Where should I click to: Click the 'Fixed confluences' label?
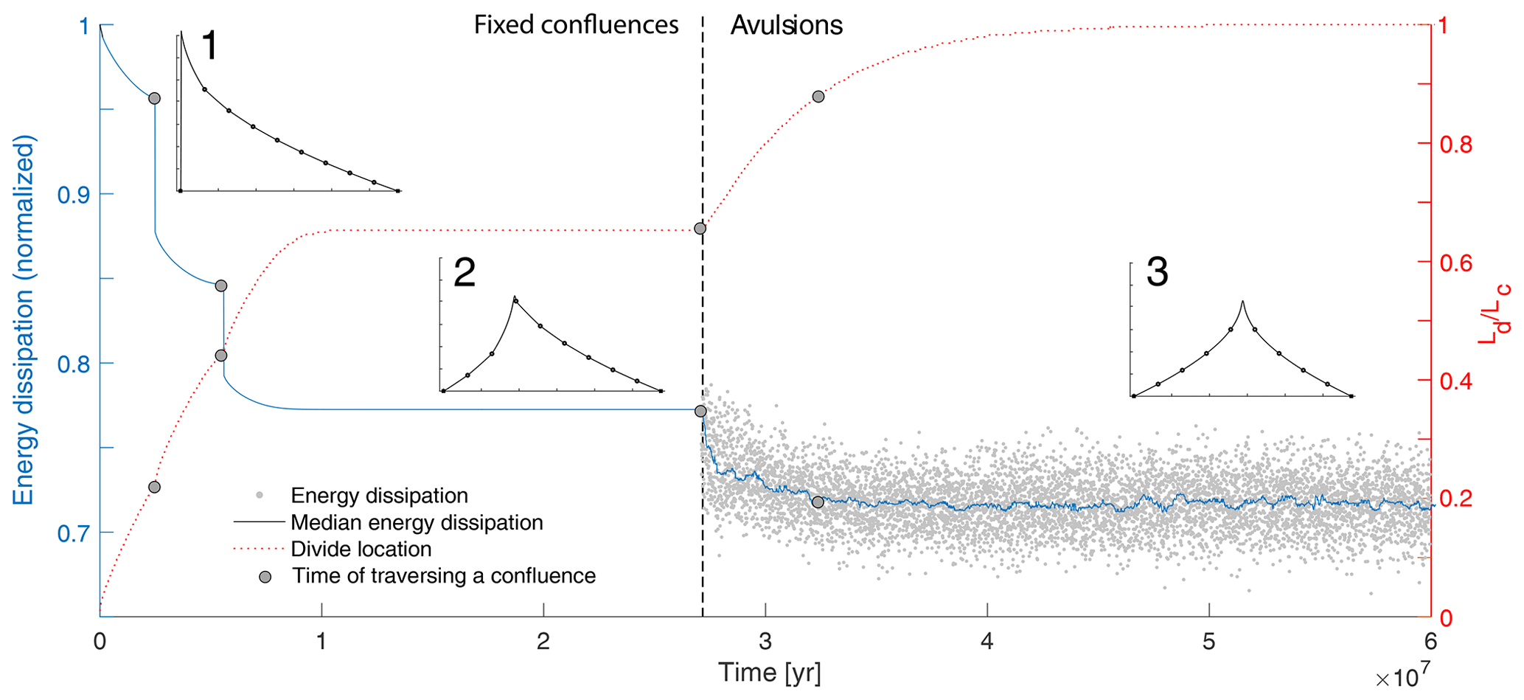[576, 25]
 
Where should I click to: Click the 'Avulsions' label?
[786, 25]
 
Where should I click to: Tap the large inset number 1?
[209, 46]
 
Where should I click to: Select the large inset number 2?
[464, 272]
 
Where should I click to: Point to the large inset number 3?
[1157, 272]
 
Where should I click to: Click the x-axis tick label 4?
[987, 642]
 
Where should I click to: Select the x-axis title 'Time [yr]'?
[769, 673]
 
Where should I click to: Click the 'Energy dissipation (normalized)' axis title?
[24, 320]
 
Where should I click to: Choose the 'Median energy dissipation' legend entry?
[417, 523]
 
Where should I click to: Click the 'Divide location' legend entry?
[361, 550]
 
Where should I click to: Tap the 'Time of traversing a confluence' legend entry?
[443, 576]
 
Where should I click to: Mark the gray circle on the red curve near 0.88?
[818, 97]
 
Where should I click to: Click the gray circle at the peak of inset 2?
[515, 301]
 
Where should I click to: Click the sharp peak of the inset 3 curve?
[1242, 301]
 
